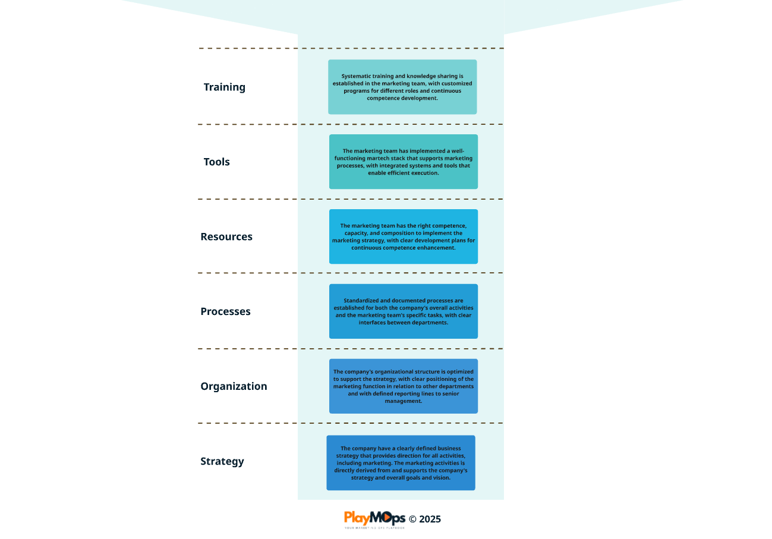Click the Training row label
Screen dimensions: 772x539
tap(225, 87)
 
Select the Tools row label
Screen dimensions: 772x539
tap(216, 162)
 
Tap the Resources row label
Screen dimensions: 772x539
tap(226, 237)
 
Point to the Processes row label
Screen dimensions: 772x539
tap(225, 311)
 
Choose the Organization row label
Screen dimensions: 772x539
tap(234, 386)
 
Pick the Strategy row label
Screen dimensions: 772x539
tap(222, 461)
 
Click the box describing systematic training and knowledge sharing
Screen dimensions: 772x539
tap(402, 87)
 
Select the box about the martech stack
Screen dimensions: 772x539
tap(403, 162)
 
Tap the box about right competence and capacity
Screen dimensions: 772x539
tap(403, 237)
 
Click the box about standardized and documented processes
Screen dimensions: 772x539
tap(403, 311)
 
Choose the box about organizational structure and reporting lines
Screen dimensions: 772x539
tap(403, 386)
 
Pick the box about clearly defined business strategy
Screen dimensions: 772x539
tap(401, 462)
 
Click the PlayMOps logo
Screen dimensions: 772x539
tap(374, 519)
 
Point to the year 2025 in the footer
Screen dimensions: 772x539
tap(430, 519)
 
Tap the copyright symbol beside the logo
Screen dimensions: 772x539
tap(412, 519)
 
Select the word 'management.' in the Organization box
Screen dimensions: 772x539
tap(403, 401)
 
